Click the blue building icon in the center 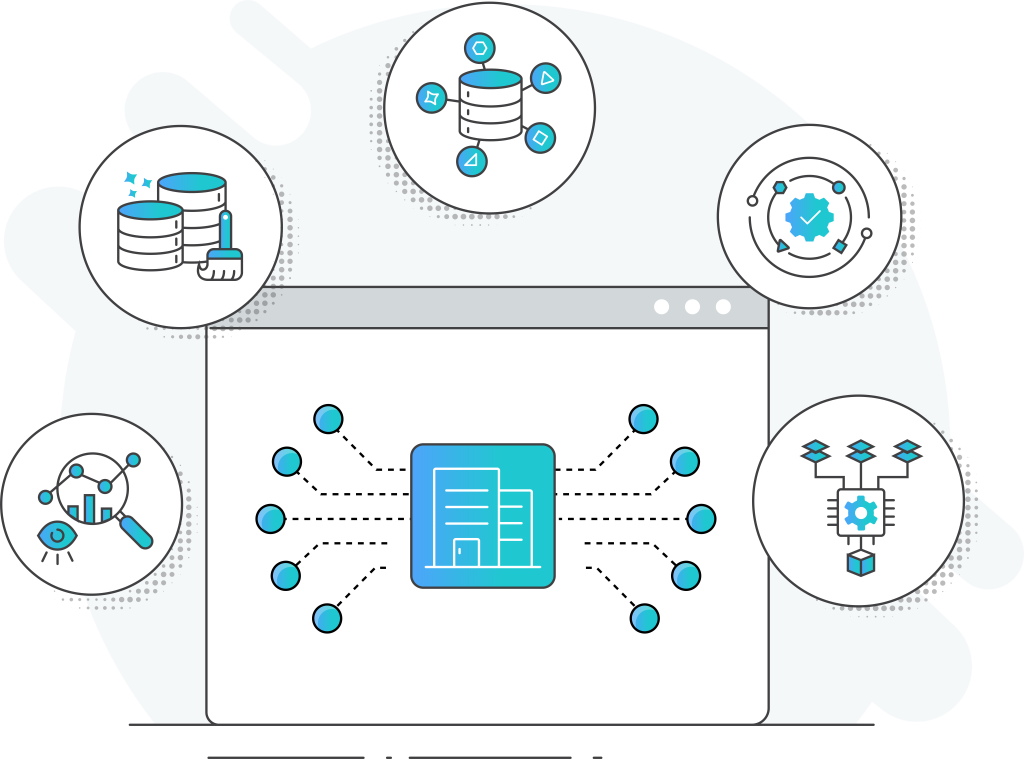tap(482, 515)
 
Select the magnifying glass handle tap(136, 530)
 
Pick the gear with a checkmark tap(810, 216)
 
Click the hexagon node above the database tap(480, 48)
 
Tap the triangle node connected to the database tap(545, 78)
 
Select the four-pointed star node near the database tap(431, 98)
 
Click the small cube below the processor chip tap(860, 563)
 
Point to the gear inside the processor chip tap(860, 512)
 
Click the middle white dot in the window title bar tap(692, 307)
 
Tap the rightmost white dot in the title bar tap(723, 307)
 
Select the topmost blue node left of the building tap(328, 419)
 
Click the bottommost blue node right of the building tap(645, 618)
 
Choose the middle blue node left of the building tap(270, 519)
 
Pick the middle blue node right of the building tap(701, 519)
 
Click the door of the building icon tap(466, 553)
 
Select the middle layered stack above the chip tap(861, 451)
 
